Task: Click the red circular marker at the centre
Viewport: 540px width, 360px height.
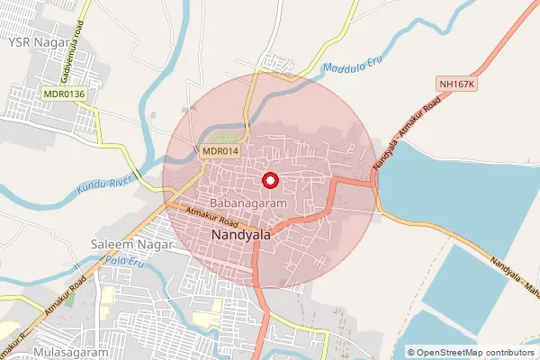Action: coord(269,181)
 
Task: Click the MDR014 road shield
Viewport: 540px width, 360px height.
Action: coord(220,151)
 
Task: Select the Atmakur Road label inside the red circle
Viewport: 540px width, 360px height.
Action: coord(212,217)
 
